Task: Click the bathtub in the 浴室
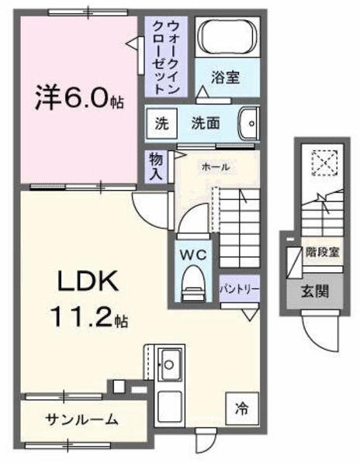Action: pos(227,36)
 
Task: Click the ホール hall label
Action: pos(214,167)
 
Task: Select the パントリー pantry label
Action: pos(238,288)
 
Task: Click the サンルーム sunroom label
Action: pos(81,420)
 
